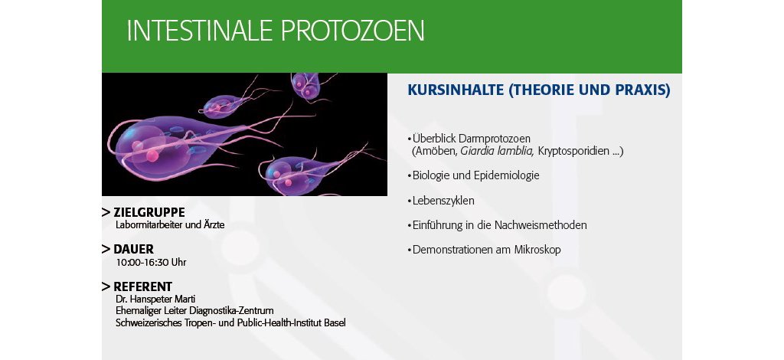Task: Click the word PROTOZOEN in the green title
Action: [x=353, y=31]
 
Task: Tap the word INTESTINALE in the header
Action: [x=200, y=31]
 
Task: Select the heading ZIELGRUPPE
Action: [x=149, y=212]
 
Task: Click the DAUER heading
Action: [x=133, y=249]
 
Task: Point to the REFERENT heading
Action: [x=142, y=286]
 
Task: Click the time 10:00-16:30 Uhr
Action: [x=151, y=262]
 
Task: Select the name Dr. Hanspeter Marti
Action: [x=155, y=299]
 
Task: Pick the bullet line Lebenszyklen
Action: [x=440, y=201]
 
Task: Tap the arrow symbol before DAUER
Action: [x=106, y=249]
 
